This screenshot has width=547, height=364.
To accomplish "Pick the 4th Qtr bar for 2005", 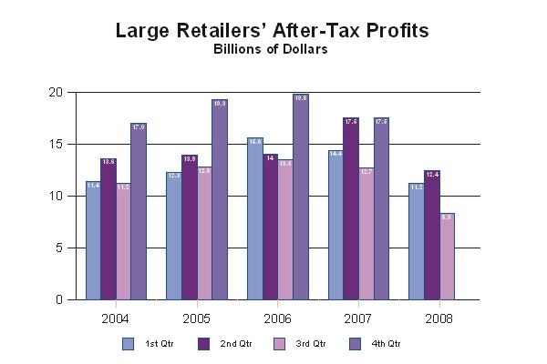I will [x=219, y=199].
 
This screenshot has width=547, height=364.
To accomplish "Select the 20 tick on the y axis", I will [x=56, y=93].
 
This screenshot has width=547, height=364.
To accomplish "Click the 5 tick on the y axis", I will [x=58, y=248].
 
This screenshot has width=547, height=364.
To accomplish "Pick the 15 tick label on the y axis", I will [x=56, y=145].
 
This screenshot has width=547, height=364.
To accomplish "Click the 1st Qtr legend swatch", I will [x=128, y=343].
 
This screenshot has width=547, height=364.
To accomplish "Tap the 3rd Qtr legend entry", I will [x=301, y=343].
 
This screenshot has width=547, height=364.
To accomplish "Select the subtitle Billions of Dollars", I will [x=271, y=50].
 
